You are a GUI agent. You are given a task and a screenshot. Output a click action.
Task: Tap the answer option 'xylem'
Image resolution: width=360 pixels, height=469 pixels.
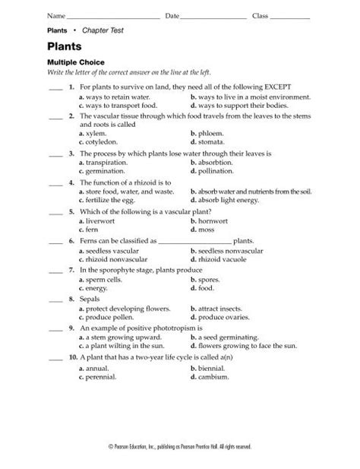point(96,133)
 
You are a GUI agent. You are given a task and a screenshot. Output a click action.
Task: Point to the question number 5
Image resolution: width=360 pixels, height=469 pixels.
point(71,211)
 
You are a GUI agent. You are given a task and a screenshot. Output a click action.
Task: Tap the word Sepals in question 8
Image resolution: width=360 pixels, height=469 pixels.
point(90,299)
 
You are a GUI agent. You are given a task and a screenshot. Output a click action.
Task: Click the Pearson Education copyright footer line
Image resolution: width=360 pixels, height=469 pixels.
point(180,446)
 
